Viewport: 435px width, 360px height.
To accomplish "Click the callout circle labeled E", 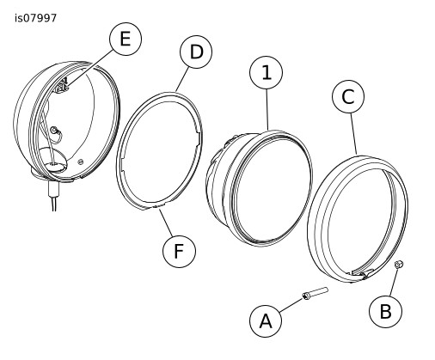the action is click(x=126, y=39).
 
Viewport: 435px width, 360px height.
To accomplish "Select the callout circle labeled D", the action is click(x=196, y=52).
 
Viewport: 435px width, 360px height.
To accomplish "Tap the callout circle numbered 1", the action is click(x=267, y=73).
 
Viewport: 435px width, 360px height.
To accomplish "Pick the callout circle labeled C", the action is click(x=348, y=96).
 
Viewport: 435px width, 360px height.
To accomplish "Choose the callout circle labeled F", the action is click(x=179, y=251).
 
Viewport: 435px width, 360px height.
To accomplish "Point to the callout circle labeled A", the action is click(x=266, y=320).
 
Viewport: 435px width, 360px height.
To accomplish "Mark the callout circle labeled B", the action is click(x=385, y=311).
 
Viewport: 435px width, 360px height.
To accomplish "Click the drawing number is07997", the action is click(x=35, y=18).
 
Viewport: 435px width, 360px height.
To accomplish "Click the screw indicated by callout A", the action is click(x=315, y=294).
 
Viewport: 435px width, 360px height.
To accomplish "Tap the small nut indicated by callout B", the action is click(x=399, y=265).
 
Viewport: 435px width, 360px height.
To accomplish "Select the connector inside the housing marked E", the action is click(x=63, y=86).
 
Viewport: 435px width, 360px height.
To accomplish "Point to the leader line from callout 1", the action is click(x=267, y=110).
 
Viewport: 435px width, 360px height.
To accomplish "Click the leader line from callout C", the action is click(x=353, y=133).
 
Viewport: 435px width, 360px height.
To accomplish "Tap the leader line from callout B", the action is click(x=394, y=282).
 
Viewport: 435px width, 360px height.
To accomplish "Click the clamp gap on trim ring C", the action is click(x=359, y=273).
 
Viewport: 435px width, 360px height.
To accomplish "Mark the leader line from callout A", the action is click(x=291, y=305).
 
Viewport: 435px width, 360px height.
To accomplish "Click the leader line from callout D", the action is click(x=182, y=79).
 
